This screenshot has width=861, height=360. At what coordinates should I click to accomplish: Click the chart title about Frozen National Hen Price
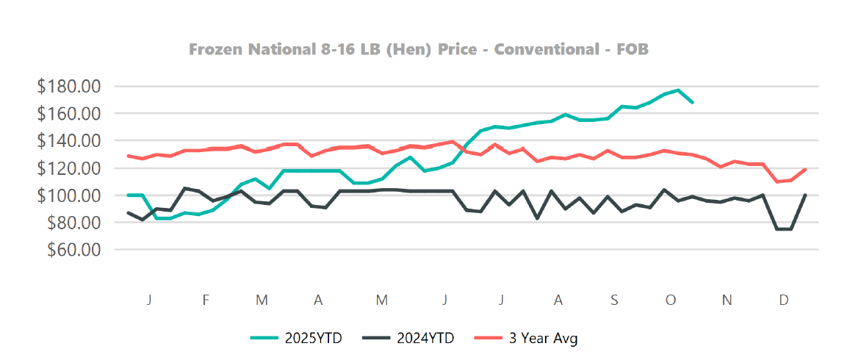pyautogui.click(x=419, y=50)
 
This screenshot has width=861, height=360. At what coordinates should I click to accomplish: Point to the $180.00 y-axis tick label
pyautogui.click(x=68, y=86)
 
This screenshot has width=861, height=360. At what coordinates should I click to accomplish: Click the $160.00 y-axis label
pyautogui.click(x=68, y=113)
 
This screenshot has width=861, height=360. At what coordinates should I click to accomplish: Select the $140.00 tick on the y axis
pyautogui.click(x=68, y=140)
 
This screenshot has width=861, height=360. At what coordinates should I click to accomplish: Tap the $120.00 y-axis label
pyautogui.click(x=68, y=168)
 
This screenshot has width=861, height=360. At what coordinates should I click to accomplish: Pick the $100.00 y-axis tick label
pyautogui.click(x=68, y=195)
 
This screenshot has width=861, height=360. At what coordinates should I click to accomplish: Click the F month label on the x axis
pyautogui.click(x=206, y=300)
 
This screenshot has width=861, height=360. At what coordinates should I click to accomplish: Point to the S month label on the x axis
pyautogui.click(x=613, y=300)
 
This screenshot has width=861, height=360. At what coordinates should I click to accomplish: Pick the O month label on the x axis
pyautogui.click(x=670, y=300)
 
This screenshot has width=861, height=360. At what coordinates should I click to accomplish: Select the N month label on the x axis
pyautogui.click(x=727, y=300)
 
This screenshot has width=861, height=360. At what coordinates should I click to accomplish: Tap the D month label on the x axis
pyautogui.click(x=784, y=300)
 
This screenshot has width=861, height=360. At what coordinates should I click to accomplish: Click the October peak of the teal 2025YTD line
pyautogui.click(x=678, y=90)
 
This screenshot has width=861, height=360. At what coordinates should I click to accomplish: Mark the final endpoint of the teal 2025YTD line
pyautogui.click(x=692, y=102)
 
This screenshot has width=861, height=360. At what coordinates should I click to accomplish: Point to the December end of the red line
pyautogui.click(x=806, y=170)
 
